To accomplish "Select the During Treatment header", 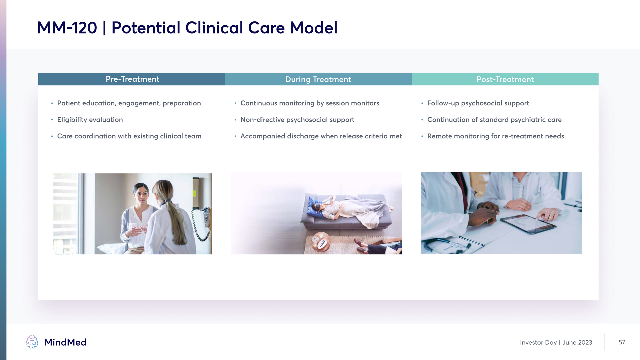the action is point(318,79).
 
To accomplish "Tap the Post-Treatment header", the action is point(505,79).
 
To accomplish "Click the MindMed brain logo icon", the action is point(32,342).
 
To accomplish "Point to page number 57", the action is point(622,342).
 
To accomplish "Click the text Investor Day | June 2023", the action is point(556,342).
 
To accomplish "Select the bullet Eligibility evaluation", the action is point(90,120).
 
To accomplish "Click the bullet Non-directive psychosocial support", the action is point(297,120).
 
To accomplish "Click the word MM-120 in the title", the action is point(67,28).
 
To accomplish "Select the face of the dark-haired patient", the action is point(141,195).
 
